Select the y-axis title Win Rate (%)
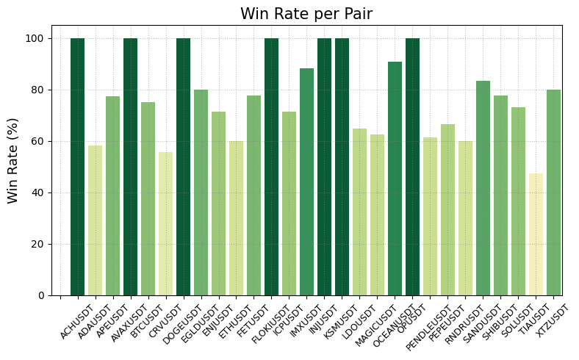click(13, 160)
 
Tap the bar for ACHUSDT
click(77, 167)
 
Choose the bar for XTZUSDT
click(553, 192)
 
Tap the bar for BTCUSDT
click(148, 199)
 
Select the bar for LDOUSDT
click(359, 212)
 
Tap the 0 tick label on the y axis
click(48, 295)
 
